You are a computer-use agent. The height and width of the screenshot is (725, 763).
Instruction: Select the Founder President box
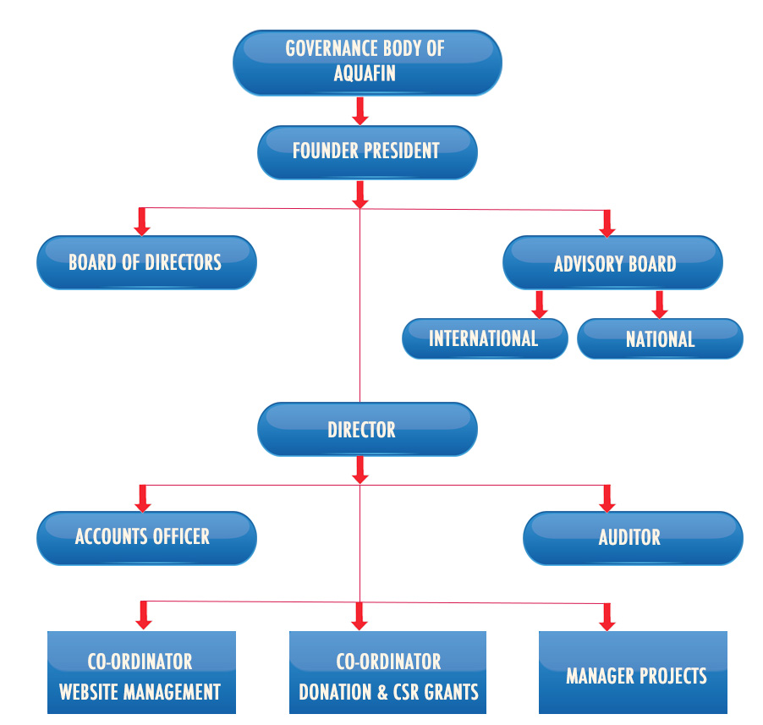coord(366,152)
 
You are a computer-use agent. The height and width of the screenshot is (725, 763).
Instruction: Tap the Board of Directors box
coord(145,262)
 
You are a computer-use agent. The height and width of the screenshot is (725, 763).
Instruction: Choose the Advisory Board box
coord(614,264)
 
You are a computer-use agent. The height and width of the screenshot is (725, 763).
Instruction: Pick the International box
coord(484,339)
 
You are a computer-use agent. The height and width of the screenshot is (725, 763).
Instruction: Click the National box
coord(660,339)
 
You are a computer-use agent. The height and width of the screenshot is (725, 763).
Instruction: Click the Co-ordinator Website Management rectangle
coord(140,673)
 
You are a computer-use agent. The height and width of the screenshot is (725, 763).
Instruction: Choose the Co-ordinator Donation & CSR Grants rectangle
coord(388,673)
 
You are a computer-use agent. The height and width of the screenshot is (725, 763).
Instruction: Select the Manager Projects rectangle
coord(634,673)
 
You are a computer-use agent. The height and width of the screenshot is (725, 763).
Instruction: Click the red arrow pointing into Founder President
coord(360,111)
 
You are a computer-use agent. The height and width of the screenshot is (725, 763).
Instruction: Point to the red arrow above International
coord(537,303)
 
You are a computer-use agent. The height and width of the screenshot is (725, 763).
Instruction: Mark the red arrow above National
coord(660,303)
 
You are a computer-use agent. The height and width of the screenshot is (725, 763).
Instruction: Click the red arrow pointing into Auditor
coord(607,497)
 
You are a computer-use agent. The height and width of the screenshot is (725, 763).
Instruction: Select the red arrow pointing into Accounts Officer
coord(143,497)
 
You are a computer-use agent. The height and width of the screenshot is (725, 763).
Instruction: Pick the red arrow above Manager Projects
coord(607,615)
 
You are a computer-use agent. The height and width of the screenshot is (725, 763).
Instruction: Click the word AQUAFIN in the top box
coord(365,74)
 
